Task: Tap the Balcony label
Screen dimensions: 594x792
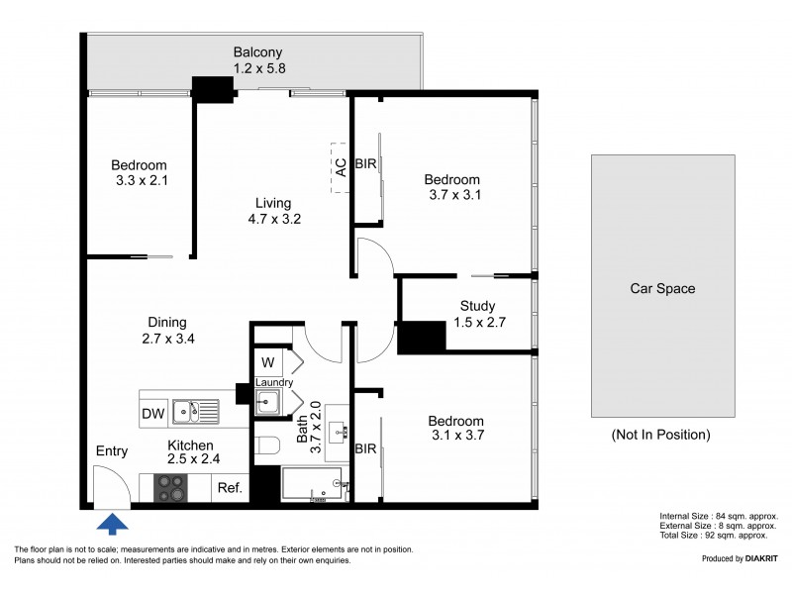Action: [x=258, y=52]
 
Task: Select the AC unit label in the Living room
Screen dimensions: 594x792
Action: [x=341, y=166]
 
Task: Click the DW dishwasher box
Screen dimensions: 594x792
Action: [x=153, y=414]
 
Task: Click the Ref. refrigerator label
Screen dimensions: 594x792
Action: [x=229, y=487]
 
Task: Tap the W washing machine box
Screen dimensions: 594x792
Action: [x=267, y=362]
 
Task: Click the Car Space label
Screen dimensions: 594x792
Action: [x=662, y=289]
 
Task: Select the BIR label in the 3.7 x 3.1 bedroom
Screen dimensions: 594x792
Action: [x=366, y=165]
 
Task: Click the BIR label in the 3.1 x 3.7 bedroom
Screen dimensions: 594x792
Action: [x=365, y=448]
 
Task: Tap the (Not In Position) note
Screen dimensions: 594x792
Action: [x=662, y=434]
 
